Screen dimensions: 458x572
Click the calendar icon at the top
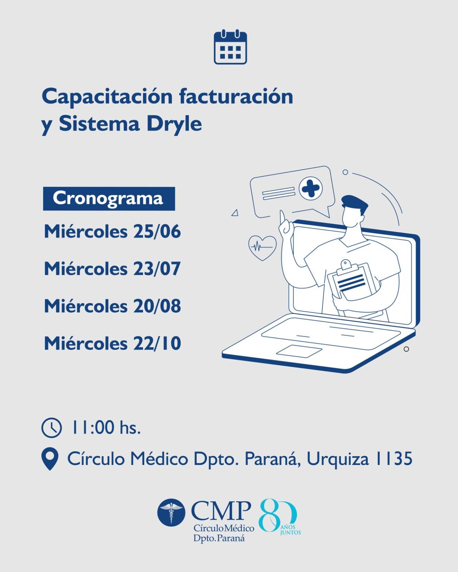coord(230,47)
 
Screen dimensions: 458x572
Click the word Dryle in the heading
coord(174,124)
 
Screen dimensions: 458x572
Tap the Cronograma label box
coord(109,198)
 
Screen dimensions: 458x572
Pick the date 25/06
coord(157,231)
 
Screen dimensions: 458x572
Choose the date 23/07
coord(157,268)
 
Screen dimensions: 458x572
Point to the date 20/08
coord(157,306)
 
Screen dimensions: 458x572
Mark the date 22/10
coord(157,343)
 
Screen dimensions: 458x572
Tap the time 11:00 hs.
coord(106,428)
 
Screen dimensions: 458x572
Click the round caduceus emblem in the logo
coord(171,512)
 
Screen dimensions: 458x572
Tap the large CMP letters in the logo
coord(221,511)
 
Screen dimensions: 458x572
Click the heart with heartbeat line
coord(262,248)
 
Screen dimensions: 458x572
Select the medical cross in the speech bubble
coord(311,188)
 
